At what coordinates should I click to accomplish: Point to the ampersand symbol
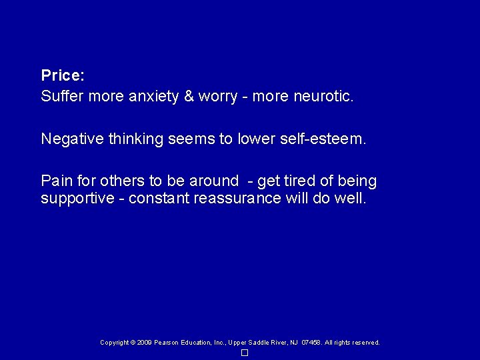click(x=189, y=96)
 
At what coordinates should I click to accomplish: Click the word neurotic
click(x=323, y=96)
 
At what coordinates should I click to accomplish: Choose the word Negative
click(x=69, y=139)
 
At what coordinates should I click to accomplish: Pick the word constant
click(x=159, y=199)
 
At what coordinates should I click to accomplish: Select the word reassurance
click(x=237, y=199)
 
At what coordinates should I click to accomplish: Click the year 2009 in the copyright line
click(x=143, y=343)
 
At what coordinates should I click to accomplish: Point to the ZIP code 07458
click(x=311, y=343)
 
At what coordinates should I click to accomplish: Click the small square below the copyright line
click(x=245, y=353)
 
